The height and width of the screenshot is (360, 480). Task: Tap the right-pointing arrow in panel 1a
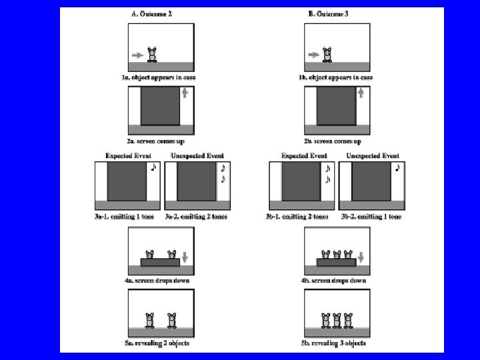click(x=137, y=55)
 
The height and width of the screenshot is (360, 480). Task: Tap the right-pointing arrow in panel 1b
click(x=313, y=55)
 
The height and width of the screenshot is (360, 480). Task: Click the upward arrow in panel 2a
click(x=185, y=94)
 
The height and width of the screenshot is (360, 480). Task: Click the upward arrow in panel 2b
click(x=361, y=94)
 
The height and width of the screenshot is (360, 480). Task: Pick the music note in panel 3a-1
click(x=153, y=167)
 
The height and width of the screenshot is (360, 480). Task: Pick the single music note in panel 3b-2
click(x=397, y=168)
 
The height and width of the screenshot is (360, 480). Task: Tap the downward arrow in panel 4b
click(x=361, y=257)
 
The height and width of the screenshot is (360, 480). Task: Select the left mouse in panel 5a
click(x=150, y=319)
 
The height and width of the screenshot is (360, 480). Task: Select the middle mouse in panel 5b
click(x=337, y=320)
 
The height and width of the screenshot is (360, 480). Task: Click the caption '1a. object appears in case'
click(x=161, y=78)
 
